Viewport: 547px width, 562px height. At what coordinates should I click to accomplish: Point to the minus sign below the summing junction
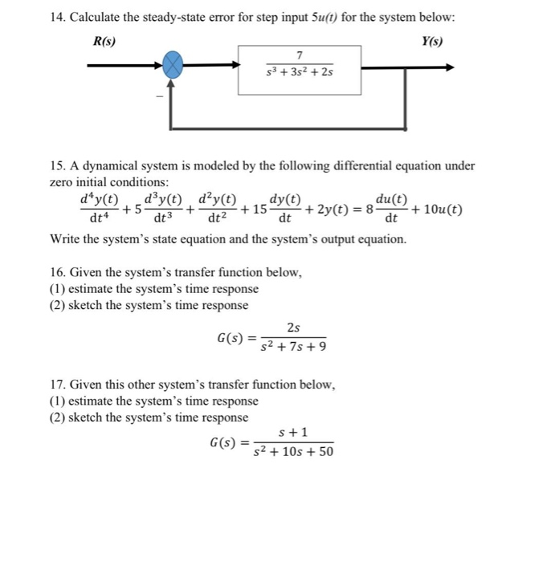159,96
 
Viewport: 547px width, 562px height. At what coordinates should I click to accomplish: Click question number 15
58,166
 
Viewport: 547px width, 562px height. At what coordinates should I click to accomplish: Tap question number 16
58,272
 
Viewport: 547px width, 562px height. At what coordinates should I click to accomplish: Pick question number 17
58,385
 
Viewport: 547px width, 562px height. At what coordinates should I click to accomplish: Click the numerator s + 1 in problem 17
292,432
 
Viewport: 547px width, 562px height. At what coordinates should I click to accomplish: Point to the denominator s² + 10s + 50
293,452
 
